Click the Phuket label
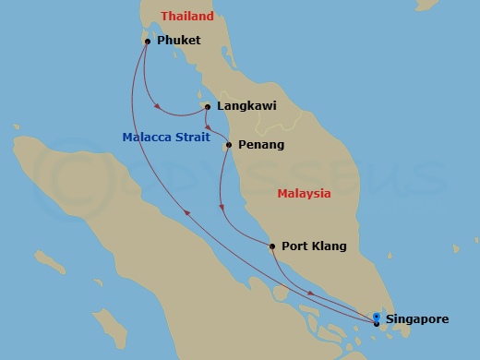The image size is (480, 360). [x=179, y=41]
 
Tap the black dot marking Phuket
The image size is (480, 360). [x=148, y=42]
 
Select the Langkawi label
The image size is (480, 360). [x=246, y=106]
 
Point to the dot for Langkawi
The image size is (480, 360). [x=207, y=106]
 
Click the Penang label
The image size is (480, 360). [x=260, y=145]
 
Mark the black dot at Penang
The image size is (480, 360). [x=229, y=144]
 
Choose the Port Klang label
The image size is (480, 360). [x=314, y=246]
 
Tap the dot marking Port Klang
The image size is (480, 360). [x=271, y=246]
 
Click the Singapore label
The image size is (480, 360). [x=417, y=319]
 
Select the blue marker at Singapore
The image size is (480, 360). [x=377, y=318]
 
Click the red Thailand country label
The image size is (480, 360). [x=186, y=17]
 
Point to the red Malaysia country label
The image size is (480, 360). [x=304, y=194]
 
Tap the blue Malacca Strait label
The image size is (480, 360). [x=166, y=138]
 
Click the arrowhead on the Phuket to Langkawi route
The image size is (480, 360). [x=162, y=107]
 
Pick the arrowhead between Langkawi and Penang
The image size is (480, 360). [x=209, y=126]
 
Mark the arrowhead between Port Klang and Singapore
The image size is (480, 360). [x=310, y=294]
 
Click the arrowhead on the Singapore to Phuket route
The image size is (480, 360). [x=187, y=212]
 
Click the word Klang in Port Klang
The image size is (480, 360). [x=330, y=246]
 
